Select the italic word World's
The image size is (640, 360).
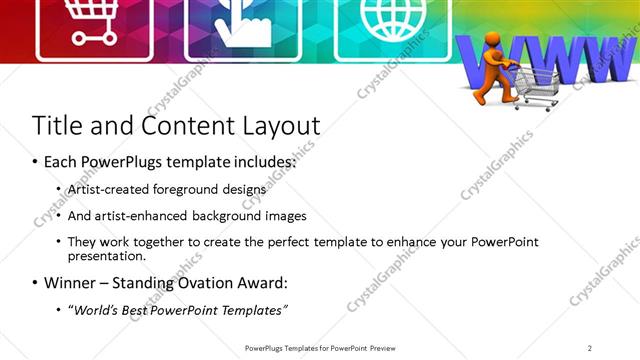pos(97,309)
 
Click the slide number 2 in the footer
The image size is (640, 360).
pos(590,348)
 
